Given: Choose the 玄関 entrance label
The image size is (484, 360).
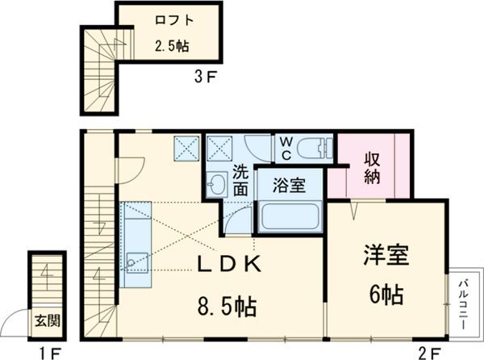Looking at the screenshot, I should (46, 320).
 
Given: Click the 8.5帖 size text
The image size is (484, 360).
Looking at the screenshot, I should (227, 308).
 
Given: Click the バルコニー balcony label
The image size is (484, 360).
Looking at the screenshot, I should (465, 296).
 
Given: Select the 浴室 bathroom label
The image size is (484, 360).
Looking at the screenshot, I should (290, 185).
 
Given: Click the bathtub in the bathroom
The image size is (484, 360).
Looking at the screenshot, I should (290, 216).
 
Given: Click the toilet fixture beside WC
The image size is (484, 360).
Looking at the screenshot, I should (315, 148).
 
